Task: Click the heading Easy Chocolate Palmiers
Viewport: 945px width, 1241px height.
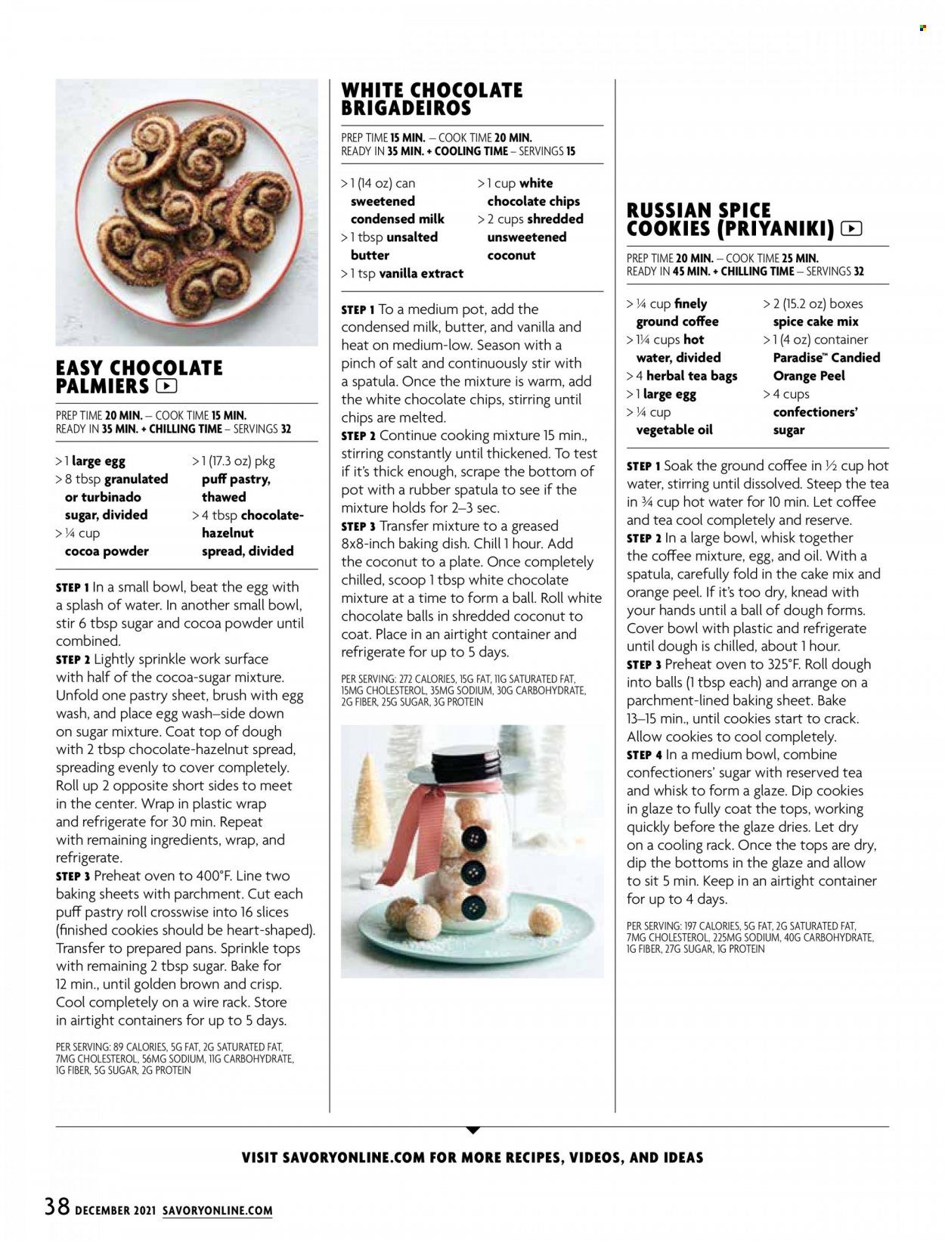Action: coord(139,377)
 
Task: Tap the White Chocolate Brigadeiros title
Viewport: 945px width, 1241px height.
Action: coord(432,99)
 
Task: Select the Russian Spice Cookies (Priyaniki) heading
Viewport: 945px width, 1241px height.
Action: coord(730,219)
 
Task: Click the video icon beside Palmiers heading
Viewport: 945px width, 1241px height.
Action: coord(166,386)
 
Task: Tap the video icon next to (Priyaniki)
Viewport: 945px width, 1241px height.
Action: coord(850,228)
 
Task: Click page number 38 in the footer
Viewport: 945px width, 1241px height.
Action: coord(57,1205)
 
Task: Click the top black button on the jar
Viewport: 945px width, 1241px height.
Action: coord(474,836)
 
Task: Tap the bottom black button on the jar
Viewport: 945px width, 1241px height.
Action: coord(474,904)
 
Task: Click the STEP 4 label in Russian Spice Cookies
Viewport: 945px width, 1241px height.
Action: coord(644,755)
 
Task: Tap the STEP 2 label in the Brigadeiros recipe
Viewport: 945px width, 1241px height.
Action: coord(358,436)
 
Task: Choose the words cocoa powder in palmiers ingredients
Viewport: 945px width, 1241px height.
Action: coord(107,551)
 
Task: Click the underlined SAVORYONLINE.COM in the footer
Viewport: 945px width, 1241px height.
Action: coord(217,1211)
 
